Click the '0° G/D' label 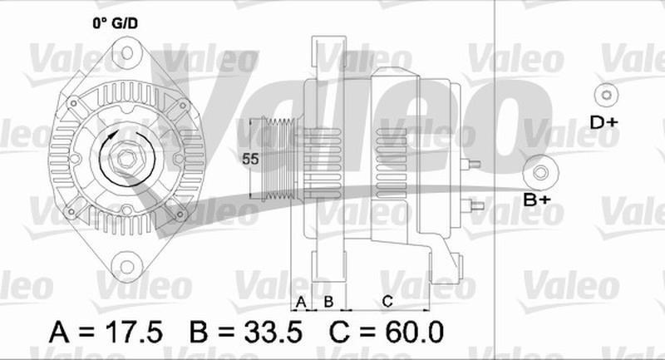coord(116,23)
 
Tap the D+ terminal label coord(604,123)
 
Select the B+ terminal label coord(537,200)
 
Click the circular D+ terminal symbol coord(607,95)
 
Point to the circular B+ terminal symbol coord(540,172)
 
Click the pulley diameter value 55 coord(250,159)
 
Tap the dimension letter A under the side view coord(301,303)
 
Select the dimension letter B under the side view coord(328,302)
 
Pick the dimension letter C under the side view coord(387,302)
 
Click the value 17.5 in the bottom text coord(133,332)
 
